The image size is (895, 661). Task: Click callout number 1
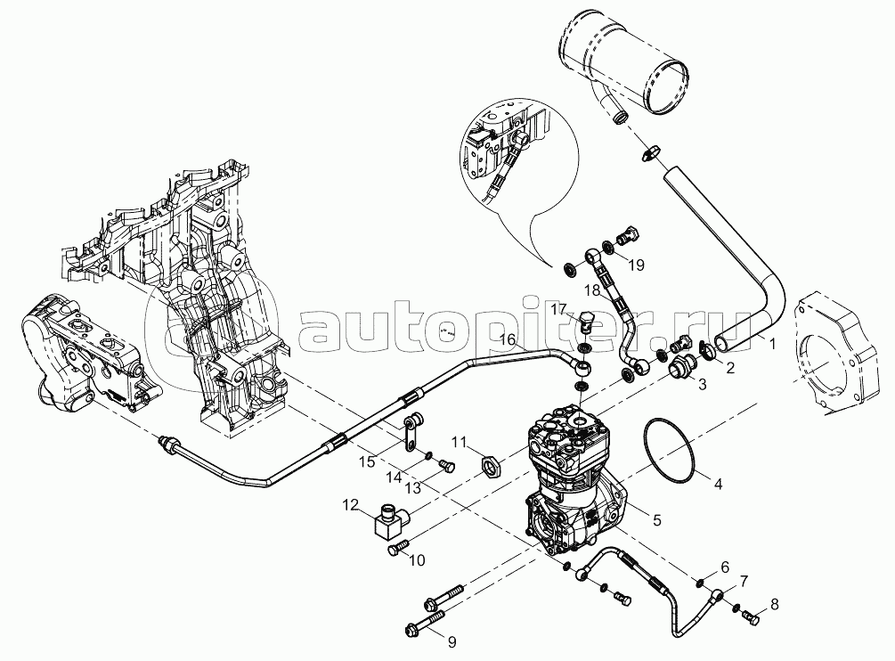[x=772, y=342]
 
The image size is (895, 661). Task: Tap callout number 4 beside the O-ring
[x=717, y=485]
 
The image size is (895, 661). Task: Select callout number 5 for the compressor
[x=656, y=519]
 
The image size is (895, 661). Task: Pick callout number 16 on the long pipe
[x=506, y=339]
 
